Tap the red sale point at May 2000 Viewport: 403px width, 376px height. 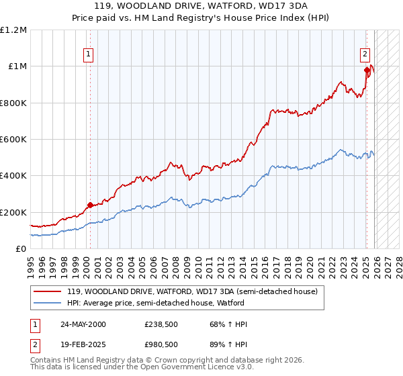click(90, 205)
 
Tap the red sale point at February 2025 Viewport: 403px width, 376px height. click(367, 70)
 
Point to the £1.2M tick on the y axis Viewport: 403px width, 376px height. click(13, 30)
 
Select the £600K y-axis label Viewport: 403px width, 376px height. click(13, 140)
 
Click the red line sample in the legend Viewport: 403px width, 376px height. click(48, 291)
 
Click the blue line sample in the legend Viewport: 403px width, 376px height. click(48, 303)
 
